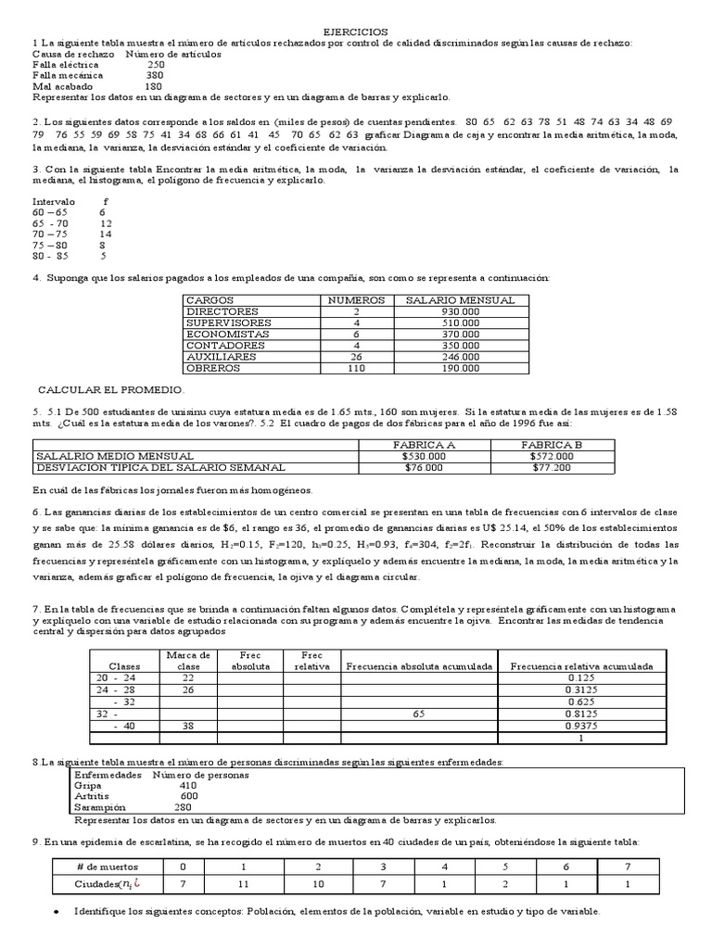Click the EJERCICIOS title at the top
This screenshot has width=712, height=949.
355,32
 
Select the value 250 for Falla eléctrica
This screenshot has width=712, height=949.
156,65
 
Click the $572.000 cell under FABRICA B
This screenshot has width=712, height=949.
552,456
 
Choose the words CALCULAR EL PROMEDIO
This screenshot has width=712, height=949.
111,389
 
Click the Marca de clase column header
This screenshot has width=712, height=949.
188,660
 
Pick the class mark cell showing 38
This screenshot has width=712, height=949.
188,726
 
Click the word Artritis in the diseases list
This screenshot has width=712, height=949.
92,795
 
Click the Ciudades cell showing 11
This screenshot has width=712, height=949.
242,885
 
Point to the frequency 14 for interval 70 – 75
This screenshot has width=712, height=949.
105,234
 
